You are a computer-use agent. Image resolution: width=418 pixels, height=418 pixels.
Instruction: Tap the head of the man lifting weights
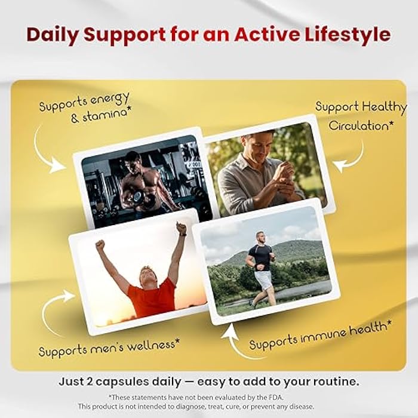click(x=133, y=160)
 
